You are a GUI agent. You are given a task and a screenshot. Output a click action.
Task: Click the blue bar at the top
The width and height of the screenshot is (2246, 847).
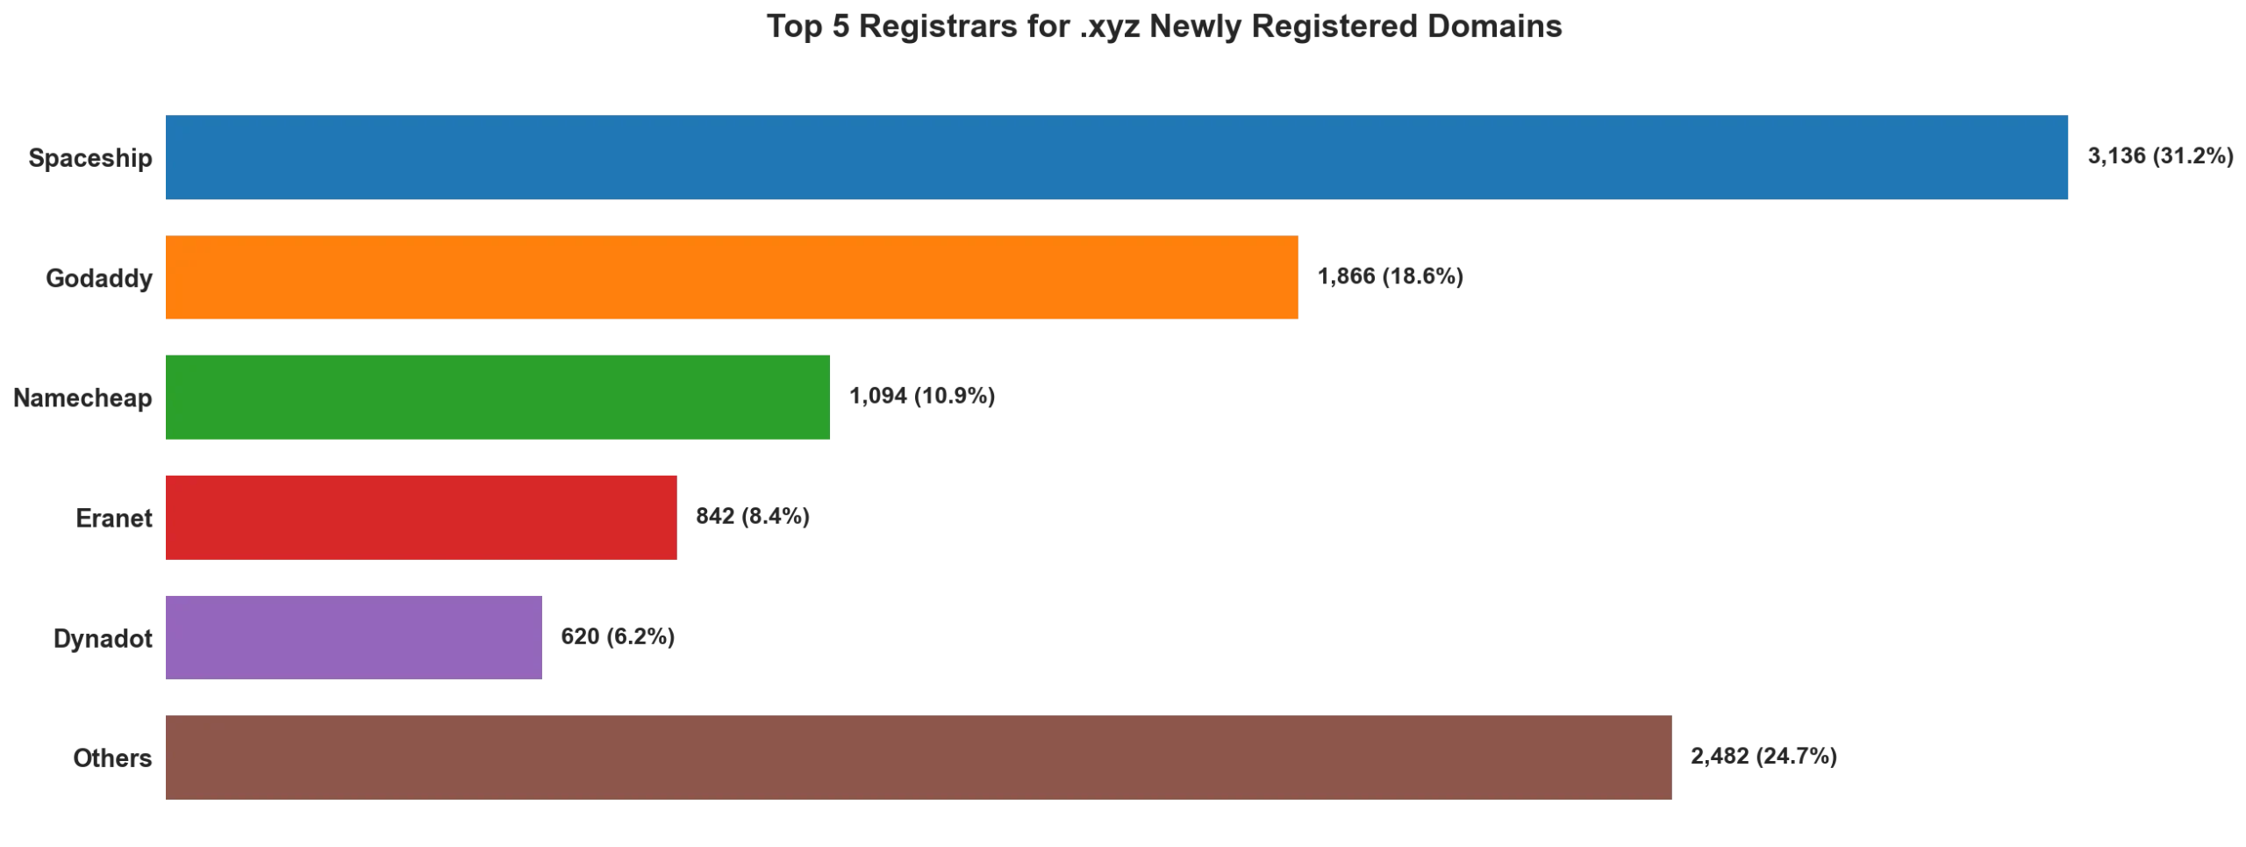point(1115,158)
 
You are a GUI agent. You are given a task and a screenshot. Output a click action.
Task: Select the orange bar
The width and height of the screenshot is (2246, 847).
point(730,277)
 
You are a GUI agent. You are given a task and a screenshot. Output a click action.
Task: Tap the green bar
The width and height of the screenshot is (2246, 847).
point(497,397)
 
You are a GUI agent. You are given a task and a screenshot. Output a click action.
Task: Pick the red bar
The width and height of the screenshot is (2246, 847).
point(420,516)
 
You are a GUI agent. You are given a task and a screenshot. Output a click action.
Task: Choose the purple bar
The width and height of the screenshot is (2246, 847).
point(354,635)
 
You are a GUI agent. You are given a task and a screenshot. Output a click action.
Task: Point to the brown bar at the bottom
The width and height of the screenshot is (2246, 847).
point(919,755)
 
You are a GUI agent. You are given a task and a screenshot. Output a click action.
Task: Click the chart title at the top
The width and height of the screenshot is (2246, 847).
point(1167,26)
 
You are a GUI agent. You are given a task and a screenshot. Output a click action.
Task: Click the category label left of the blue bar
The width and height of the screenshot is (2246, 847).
point(91,159)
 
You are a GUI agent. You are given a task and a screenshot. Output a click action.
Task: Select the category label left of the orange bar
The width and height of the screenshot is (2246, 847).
point(98,278)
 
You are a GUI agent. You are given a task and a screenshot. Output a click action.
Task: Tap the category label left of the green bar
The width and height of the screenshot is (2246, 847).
point(84,398)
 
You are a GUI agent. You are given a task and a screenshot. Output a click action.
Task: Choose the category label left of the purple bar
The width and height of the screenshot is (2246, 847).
point(101,638)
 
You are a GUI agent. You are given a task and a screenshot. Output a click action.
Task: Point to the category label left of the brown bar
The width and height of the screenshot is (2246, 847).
point(112,757)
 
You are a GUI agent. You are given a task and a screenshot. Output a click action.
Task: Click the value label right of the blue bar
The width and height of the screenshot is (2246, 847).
point(2161,155)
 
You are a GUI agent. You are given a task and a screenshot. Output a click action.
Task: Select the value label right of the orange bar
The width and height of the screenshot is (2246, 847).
point(1389,278)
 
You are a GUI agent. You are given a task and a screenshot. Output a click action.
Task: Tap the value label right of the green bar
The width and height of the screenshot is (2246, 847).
point(923,398)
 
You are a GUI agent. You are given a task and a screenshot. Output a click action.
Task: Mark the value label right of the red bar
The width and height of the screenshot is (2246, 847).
point(754,516)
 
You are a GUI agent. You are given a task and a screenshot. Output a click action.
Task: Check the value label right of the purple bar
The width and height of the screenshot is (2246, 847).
point(620,635)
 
